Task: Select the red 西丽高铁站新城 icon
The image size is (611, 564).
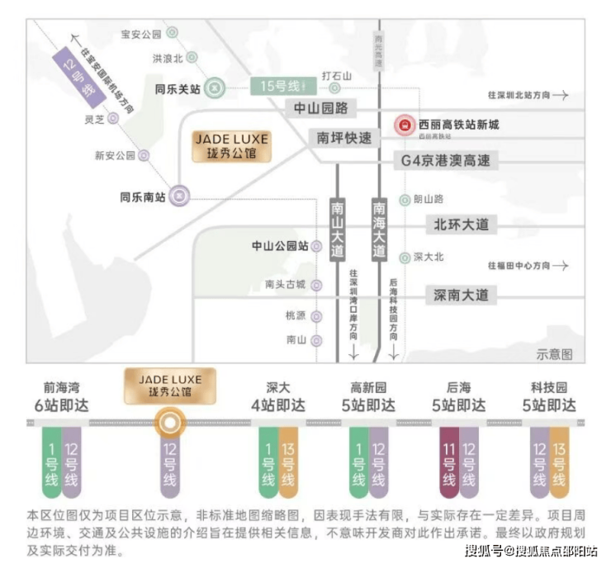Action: (404, 126)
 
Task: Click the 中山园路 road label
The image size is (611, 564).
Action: (321, 108)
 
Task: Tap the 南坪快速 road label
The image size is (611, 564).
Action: (344, 138)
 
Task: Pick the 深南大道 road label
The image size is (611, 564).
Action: (461, 295)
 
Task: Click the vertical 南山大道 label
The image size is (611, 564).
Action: (337, 229)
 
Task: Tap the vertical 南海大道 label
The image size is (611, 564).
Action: (379, 229)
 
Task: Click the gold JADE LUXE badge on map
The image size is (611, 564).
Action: (231, 147)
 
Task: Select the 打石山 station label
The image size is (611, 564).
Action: (336, 76)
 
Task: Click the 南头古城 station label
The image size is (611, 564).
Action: (285, 285)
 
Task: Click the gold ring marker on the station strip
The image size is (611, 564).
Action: (169, 423)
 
